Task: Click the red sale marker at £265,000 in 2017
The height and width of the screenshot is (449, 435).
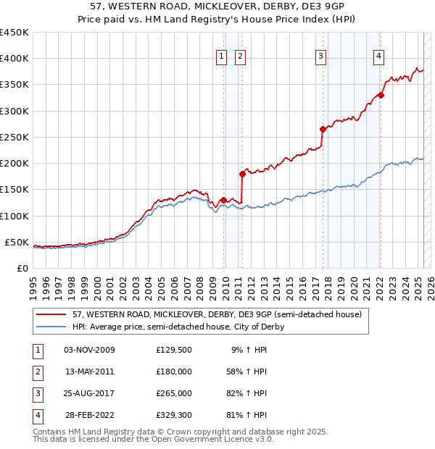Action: pos(322,130)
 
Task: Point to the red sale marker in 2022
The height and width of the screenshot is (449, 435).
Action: pos(381,95)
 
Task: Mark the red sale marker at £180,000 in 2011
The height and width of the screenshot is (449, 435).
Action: pos(242,174)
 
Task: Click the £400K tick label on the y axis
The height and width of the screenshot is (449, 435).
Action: pos(14,59)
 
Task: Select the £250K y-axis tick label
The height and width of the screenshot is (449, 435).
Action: pos(14,137)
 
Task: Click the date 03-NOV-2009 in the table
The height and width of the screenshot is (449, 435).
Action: pos(89,350)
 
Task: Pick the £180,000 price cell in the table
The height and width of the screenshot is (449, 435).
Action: pos(173,372)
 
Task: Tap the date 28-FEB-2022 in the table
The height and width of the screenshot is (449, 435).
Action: pos(89,415)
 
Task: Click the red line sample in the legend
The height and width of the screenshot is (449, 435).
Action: pos(51,314)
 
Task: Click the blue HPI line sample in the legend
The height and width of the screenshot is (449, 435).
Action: pos(51,327)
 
